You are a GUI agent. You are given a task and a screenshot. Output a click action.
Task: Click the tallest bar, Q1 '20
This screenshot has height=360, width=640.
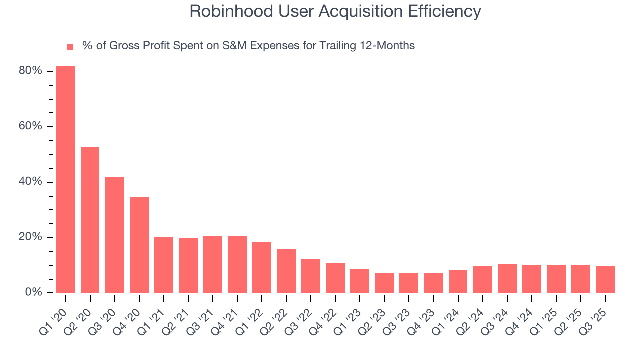click(x=65, y=179)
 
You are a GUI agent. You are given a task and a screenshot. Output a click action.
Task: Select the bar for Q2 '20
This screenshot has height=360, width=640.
click(x=90, y=220)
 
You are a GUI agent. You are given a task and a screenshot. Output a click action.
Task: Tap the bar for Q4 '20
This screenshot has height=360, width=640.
click(x=139, y=245)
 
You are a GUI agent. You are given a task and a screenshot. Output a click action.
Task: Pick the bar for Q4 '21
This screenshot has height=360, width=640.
click(x=237, y=264)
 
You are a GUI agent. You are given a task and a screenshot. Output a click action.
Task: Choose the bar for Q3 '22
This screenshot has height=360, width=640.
click(x=311, y=276)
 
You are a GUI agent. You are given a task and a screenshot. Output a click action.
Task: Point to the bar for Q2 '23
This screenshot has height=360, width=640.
click(x=384, y=283)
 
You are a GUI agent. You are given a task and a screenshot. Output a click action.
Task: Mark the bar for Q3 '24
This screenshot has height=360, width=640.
click(x=507, y=278)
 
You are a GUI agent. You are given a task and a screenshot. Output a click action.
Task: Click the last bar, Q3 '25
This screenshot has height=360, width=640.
click(x=605, y=279)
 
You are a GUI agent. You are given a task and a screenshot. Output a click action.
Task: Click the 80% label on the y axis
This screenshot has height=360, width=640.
click(x=30, y=71)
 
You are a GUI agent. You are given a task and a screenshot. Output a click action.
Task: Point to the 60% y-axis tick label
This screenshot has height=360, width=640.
click(x=30, y=126)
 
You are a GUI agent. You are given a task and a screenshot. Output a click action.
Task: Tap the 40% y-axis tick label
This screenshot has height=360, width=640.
click(x=30, y=182)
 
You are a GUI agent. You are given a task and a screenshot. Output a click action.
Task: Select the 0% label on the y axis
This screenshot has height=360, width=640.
click(x=33, y=292)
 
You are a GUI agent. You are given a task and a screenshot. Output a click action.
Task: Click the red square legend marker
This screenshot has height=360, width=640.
click(x=70, y=47)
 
